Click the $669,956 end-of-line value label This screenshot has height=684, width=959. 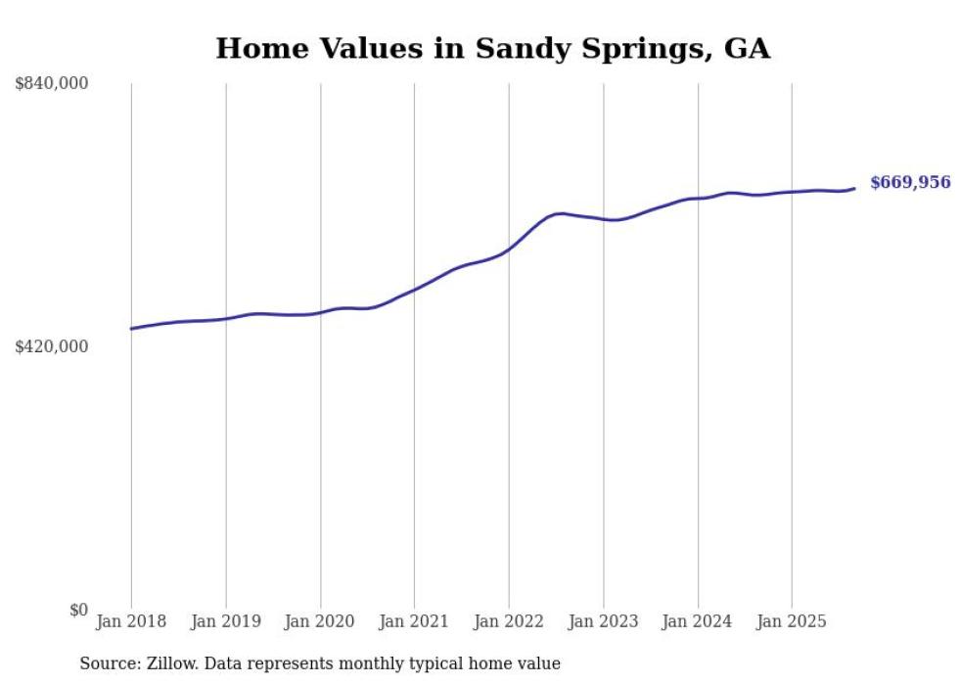pyautogui.click(x=909, y=183)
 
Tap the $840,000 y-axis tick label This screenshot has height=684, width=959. pyautogui.click(x=52, y=84)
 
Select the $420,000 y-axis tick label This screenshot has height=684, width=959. pyautogui.click(x=52, y=346)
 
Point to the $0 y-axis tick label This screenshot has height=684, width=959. pyautogui.click(x=78, y=610)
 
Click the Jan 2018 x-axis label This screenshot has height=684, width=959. pyautogui.click(x=131, y=621)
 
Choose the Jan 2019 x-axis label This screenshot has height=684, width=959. pyautogui.click(x=226, y=621)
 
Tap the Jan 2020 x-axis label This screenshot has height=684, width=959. pyautogui.click(x=320, y=621)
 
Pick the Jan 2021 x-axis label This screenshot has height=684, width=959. pyautogui.click(x=414, y=621)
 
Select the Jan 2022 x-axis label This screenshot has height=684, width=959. pyautogui.click(x=509, y=621)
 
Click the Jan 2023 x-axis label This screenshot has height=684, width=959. pyautogui.click(x=603, y=621)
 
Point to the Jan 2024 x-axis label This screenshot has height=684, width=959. pyautogui.click(x=698, y=621)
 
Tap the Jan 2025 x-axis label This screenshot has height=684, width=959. pyautogui.click(x=792, y=621)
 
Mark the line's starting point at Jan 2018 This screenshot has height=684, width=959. pyautogui.click(x=131, y=329)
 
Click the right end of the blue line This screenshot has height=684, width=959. pyautogui.click(x=855, y=188)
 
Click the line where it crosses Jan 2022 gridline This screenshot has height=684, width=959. pyautogui.click(x=509, y=249)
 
